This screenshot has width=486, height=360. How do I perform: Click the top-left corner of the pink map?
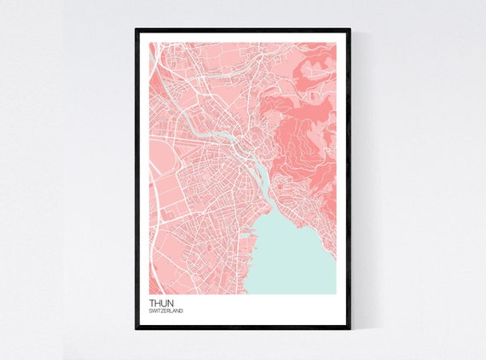coord(149,44)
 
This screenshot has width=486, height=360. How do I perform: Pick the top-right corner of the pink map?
coord(335,44)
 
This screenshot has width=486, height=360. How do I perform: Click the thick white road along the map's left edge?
coord(153,196)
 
